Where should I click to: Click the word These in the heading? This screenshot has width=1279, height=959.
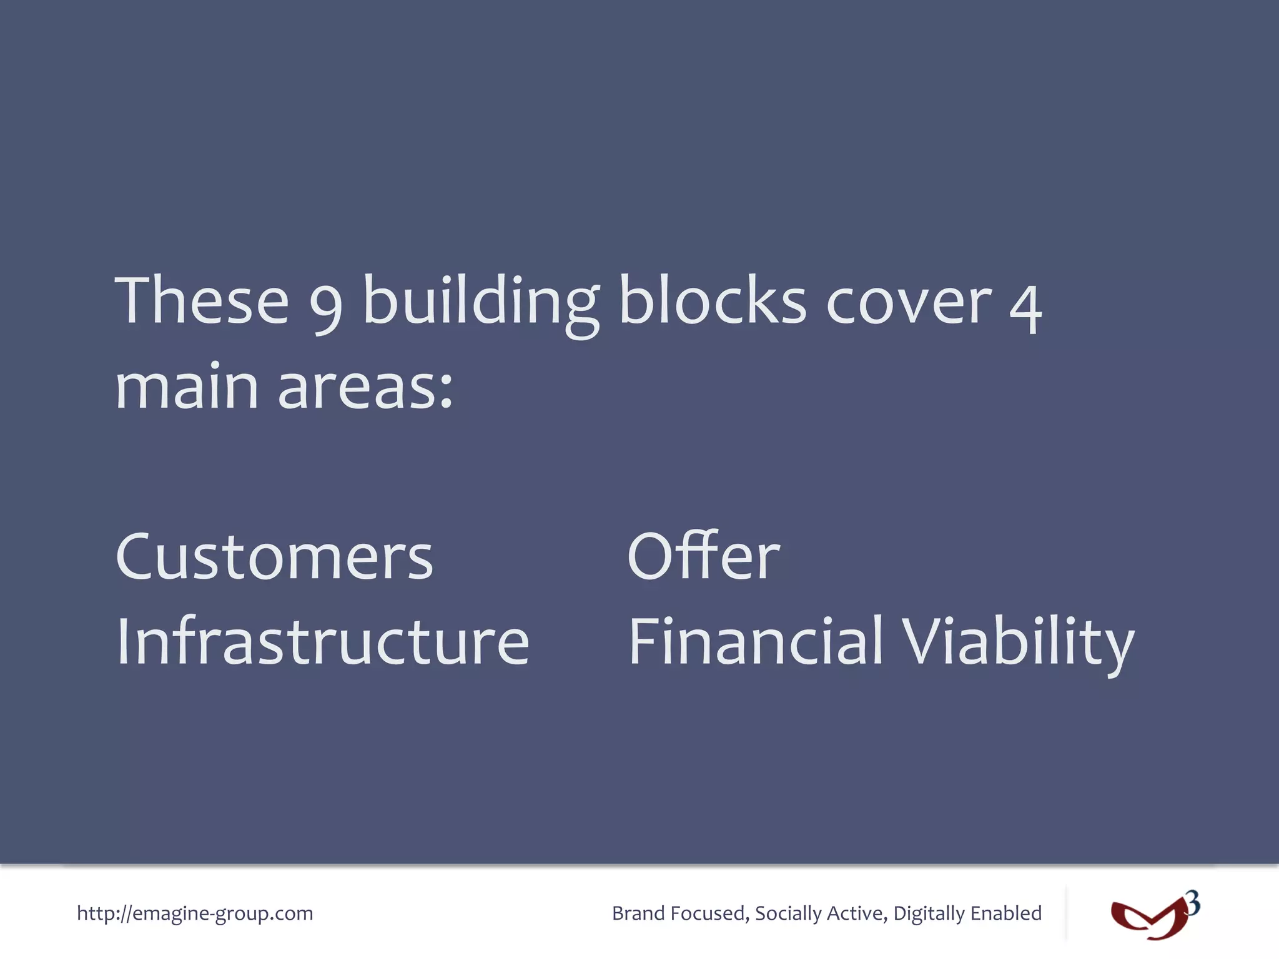pos(202,301)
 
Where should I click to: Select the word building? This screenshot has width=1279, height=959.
pos(481,302)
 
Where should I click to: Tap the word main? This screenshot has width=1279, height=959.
pos(187,387)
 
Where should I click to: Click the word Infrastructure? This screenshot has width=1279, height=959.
pos(323,641)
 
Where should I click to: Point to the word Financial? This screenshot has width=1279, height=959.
pos(756,641)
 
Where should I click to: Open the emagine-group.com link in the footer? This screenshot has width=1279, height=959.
pos(195,913)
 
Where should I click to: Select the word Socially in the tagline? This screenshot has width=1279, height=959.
pos(788,913)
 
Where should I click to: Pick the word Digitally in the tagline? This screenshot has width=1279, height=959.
pos(929,913)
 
